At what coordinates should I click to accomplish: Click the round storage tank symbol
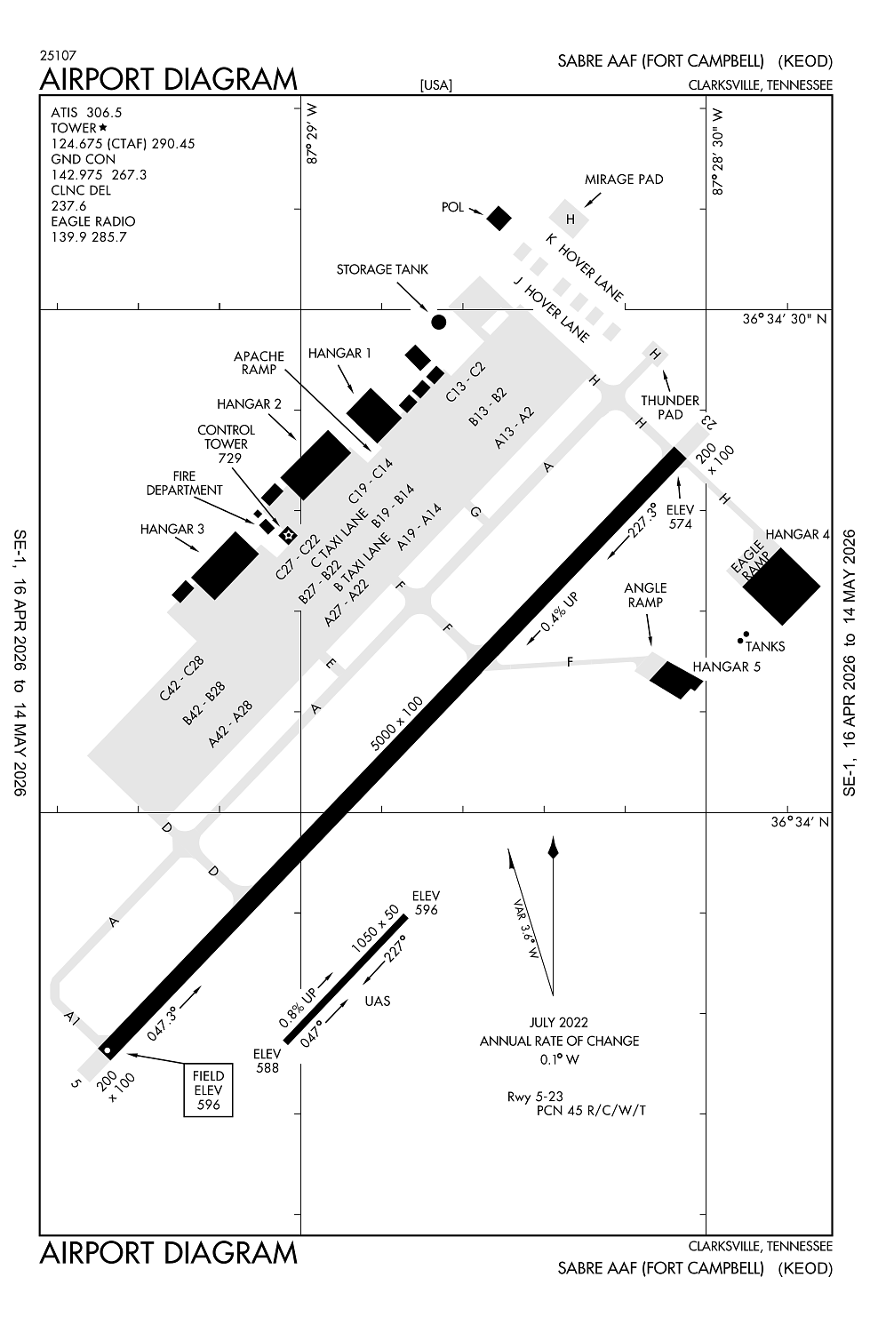438,322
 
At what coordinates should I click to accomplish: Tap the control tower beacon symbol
287,534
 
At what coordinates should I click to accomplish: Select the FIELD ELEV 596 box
208,1090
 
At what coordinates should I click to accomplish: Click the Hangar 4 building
780,585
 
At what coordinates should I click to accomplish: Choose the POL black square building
499,218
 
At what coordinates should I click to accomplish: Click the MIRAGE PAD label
623,179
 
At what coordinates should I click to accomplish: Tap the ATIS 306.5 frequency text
86,112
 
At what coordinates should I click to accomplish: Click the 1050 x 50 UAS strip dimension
375,931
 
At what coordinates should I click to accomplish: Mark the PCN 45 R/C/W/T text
591,1110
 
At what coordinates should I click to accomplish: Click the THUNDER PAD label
670,407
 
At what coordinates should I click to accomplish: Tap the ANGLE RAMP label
645,595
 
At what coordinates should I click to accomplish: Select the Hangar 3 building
225,565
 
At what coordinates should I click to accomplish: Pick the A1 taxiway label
72,1018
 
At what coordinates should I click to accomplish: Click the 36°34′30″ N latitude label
785,319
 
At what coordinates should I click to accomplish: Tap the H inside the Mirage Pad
571,219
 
